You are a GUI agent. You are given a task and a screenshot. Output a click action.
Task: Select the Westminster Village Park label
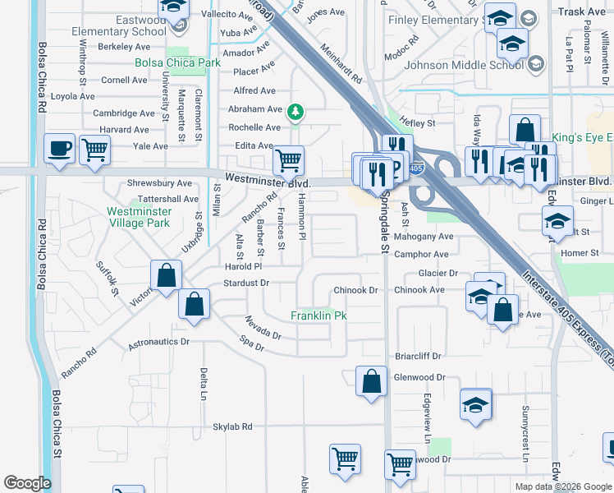pyautogui.click(x=139, y=217)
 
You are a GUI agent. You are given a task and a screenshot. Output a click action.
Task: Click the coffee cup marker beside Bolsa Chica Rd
pyautogui.click(x=60, y=149)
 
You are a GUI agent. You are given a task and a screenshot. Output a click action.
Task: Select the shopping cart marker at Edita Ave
pyautogui.click(x=288, y=159)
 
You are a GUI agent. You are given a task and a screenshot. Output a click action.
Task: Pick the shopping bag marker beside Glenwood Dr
pyautogui.click(x=371, y=380)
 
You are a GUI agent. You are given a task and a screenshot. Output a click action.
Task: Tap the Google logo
pyautogui.click(x=27, y=483)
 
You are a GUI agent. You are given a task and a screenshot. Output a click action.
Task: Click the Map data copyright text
pyautogui.click(x=562, y=486)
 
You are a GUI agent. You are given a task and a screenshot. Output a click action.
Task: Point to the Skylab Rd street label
pyautogui.click(x=232, y=427)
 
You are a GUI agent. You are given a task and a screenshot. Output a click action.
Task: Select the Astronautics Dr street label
pyautogui.click(x=158, y=341)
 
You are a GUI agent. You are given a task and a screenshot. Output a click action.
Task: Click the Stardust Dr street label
pyautogui.click(x=246, y=283)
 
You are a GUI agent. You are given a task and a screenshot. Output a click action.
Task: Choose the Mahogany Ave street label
pyautogui.click(x=424, y=237)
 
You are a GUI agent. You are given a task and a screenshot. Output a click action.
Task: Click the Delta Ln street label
pyautogui.click(x=203, y=383)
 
